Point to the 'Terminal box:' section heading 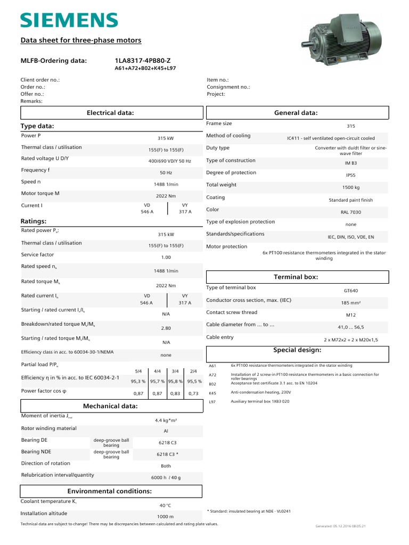(x=296, y=277)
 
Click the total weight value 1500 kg (x=350, y=187)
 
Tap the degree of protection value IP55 (x=350, y=175)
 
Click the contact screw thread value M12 (x=351, y=315)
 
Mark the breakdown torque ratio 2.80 (x=166, y=328)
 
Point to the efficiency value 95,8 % (x=175, y=381)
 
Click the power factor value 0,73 (x=193, y=393)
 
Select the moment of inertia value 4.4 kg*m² (x=166, y=420)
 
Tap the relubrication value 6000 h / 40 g (x=166, y=477)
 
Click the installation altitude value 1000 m (x=166, y=517)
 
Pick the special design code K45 (x=212, y=392)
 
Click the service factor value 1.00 (x=166, y=257)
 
